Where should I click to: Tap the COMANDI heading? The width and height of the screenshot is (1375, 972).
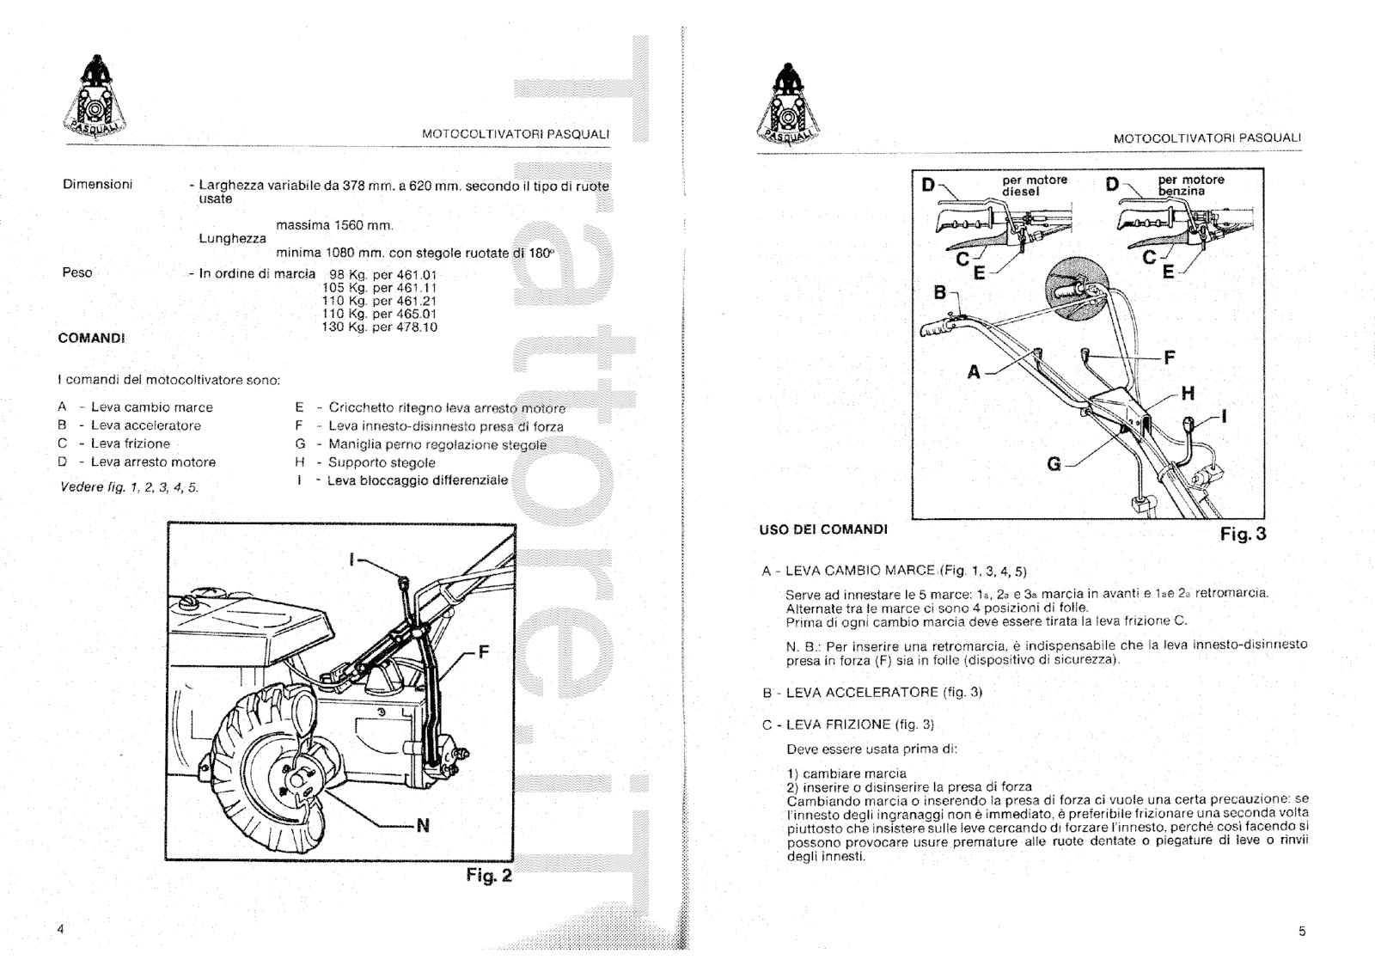click(x=91, y=338)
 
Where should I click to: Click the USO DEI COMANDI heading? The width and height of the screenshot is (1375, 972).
click(x=822, y=529)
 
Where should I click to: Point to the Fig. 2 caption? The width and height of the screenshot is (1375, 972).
click(x=488, y=876)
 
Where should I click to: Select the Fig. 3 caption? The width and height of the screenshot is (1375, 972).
click(x=1243, y=534)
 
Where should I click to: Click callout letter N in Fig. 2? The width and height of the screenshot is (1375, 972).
click(x=422, y=827)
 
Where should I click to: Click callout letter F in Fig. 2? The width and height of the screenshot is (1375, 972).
click(x=483, y=652)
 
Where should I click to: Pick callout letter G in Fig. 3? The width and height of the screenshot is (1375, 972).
click(x=1054, y=464)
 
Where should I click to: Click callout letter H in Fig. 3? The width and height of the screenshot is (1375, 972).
click(x=1188, y=394)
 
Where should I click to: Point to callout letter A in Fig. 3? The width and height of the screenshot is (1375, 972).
click(x=974, y=372)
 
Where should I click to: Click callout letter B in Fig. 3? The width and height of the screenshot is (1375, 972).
click(x=940, y=293)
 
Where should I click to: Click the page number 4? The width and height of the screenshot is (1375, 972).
click(x=60, y=930)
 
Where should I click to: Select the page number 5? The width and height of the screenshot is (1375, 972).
click(x=1302, y=931)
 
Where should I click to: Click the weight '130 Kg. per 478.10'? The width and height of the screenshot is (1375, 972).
click(x=379, y=327)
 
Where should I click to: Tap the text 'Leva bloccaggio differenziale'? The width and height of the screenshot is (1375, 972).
click(x=418, y=480)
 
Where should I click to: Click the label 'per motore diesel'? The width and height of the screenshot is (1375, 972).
click(x=1034, y=186)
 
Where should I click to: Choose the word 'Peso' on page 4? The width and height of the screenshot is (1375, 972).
click(x=77, y=273)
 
